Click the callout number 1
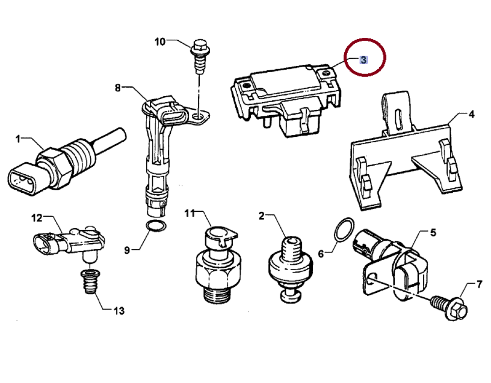pos(18,139)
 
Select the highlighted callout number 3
pos(363,60)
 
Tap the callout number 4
pos(471,115)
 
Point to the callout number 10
pos(161,42)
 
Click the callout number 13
pos(119,310)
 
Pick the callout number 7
pos(479,284)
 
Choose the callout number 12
pos(38,218)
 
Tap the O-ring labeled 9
pos(155,226)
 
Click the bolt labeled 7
pos(449,308)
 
